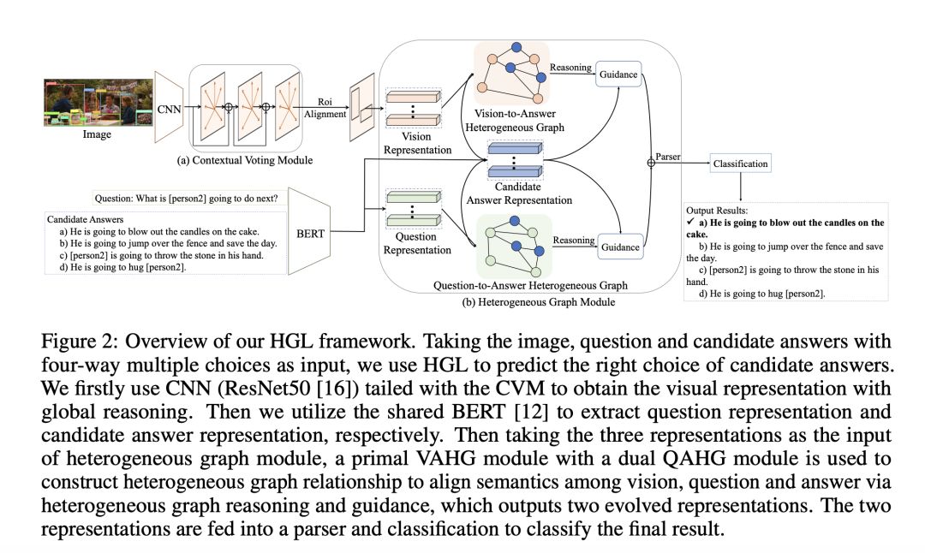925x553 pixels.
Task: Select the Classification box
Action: tap(739, 163)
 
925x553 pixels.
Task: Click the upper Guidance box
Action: tap(618, 74)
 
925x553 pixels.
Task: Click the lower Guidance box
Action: tap(618, 247)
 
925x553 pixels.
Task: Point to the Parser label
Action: tap(668, 157)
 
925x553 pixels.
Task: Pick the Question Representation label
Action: tap(417, 244)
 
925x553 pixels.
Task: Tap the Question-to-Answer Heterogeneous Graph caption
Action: tap(532, 285)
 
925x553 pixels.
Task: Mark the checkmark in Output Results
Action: tap(690, 223)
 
